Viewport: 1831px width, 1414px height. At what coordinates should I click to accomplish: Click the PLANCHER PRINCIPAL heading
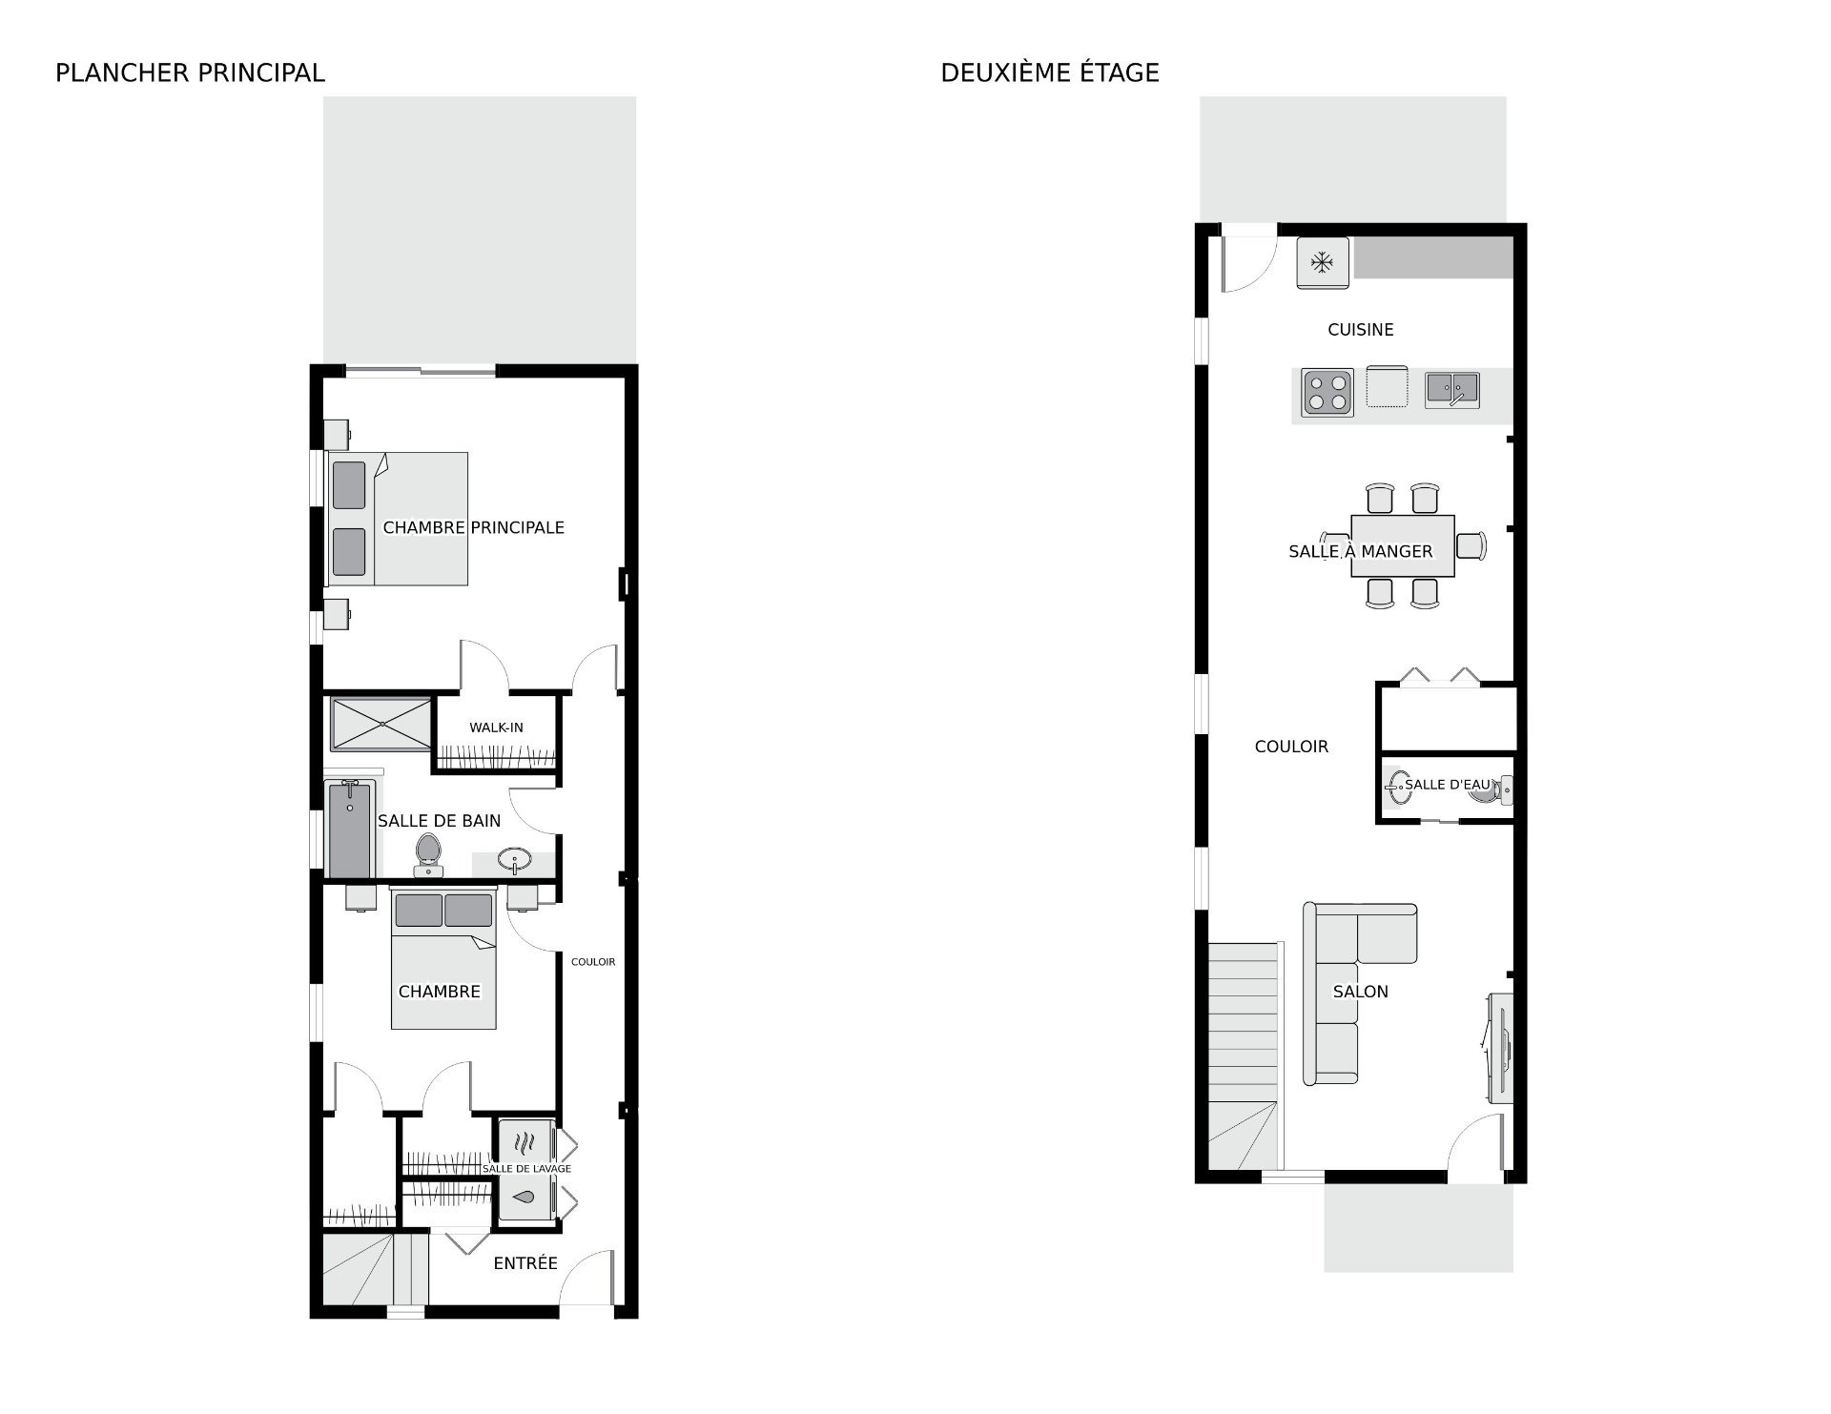click(190, 72)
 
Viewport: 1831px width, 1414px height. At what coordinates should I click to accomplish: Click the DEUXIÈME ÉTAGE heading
click(1050, 72)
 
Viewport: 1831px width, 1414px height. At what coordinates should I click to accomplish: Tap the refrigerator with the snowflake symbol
click(1323, 262)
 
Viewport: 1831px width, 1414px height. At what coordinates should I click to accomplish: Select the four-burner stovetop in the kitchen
click(1327, 393)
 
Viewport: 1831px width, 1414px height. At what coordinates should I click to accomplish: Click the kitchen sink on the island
click(1452, 390)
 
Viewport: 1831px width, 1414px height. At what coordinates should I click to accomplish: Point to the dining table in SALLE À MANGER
click(1403, 545)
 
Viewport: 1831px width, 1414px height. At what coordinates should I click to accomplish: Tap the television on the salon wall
click(1500, 1047)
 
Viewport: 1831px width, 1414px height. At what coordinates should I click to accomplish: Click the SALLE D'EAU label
click(1447, 785)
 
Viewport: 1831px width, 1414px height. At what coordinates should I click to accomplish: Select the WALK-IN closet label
click(496, 727)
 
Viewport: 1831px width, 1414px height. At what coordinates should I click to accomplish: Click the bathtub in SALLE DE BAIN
click(349, 829)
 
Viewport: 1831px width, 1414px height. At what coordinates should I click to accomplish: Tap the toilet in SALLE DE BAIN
click(428, 854)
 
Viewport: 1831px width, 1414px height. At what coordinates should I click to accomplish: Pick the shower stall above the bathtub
click(381, 725)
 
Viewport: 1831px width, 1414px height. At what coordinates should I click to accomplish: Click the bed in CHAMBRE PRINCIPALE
click(398, 519)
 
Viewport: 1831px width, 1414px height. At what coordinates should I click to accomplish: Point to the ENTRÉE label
click(525, 1263)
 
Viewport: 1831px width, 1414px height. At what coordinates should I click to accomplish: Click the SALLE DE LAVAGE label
click(526, 1169)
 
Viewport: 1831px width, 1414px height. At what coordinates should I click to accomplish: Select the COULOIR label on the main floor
click(593, 962)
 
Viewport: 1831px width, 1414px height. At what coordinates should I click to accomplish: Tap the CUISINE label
click(1361, 330)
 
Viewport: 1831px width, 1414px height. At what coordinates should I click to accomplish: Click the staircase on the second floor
click(1242, 1055)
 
